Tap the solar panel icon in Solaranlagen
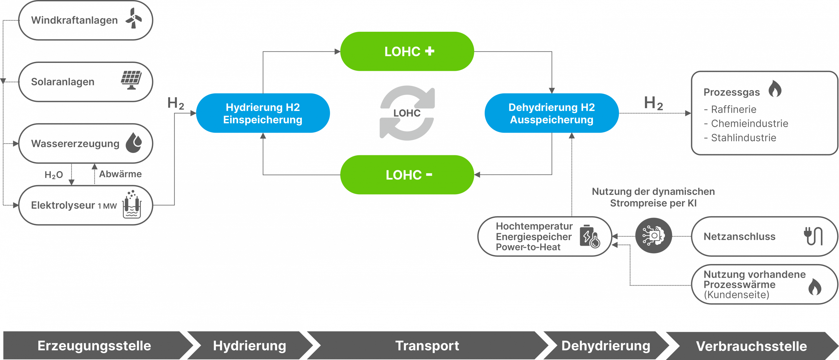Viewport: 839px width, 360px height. [131, 80]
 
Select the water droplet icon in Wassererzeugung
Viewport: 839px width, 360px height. [134, 142]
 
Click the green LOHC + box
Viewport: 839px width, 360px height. [407, 51]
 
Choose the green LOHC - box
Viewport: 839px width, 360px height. [407, 175]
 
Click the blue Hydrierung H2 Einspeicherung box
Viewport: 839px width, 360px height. [263, 113]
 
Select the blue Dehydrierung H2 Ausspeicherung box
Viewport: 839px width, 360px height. [552, 113]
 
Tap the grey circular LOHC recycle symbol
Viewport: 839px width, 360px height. [407, 113]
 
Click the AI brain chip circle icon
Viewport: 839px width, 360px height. [654, 236]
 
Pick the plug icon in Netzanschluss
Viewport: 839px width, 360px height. [813, 236]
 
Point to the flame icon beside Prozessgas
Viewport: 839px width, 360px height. [775, 89]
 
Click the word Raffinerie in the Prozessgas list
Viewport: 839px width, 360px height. [733, 109]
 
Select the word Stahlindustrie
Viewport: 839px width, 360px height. [743, 138]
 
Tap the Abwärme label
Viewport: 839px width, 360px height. [120, 174]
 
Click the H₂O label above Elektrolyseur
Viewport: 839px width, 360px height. [53, 175]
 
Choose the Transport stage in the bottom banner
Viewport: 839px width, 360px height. [427, 346]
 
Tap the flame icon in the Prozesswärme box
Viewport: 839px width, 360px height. [814, 287]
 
